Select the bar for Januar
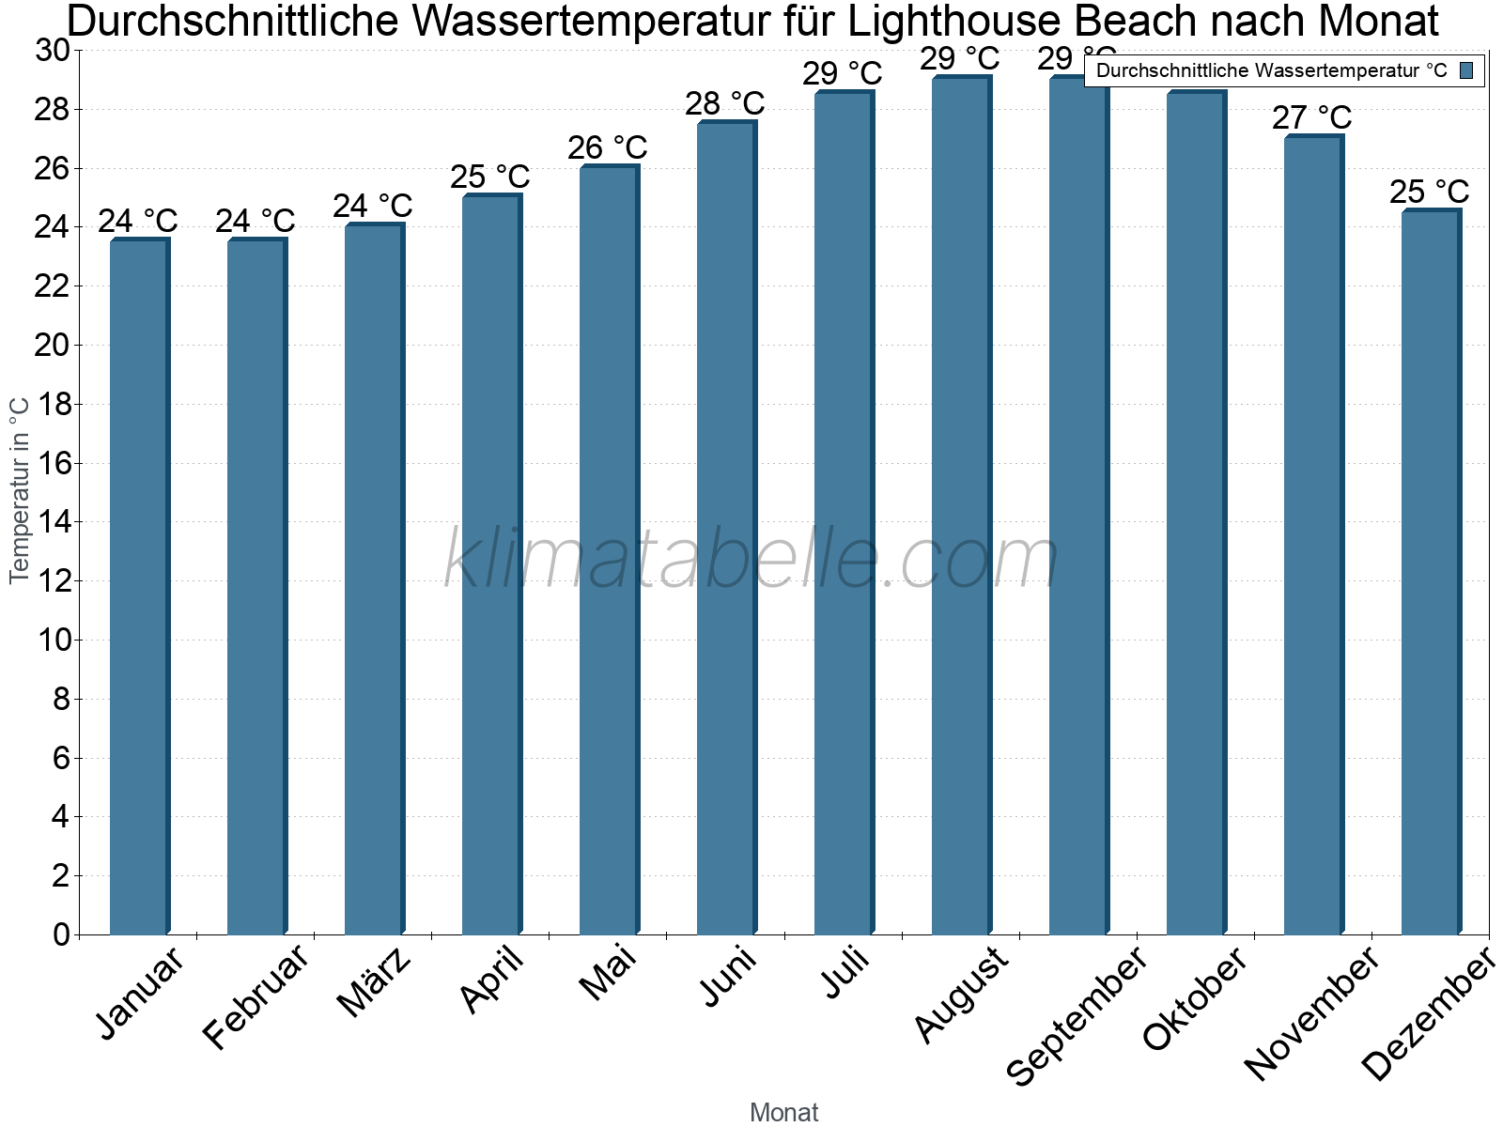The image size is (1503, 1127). click(139, 587)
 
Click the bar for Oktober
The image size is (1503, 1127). click(1196, 513)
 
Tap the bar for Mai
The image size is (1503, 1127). click(609, 550)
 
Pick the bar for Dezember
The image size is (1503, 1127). click(1431, 572)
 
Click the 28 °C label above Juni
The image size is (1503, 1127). click(724, 103)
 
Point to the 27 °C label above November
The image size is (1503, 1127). click(1311, 118)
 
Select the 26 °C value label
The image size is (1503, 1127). click(607, 147)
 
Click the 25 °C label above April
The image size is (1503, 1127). click(489, 177)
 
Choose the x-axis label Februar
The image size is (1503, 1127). click(256, 996)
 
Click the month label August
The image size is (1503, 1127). click(961, 994)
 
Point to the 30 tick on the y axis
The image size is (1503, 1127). click(53, 51)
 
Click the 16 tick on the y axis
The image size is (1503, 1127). click(53, 463)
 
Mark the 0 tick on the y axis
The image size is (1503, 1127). click(61, 934)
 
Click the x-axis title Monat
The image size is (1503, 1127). click(783, 1113)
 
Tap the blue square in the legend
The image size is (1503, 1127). click(1466, 70)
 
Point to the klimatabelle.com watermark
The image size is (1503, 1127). click(751, 559)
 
